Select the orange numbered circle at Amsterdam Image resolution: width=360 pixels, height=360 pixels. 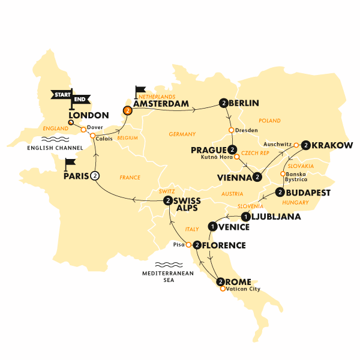(127, 110)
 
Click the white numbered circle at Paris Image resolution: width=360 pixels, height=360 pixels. (94, 176)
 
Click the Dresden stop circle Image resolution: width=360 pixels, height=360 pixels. (232, 130)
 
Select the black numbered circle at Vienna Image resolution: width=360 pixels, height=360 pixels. (257, 176)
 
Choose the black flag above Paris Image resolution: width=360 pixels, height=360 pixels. (70, 163)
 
